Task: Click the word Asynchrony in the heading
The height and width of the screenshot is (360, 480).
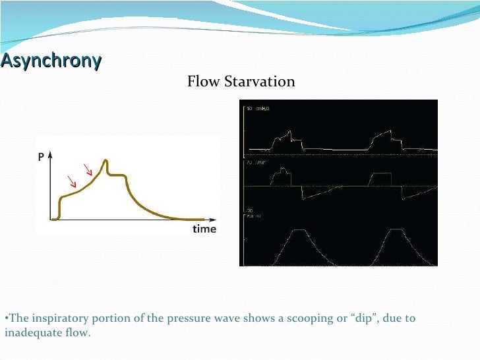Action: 51,61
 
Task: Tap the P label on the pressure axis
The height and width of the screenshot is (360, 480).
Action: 42,157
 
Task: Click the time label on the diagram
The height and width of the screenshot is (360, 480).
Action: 204,229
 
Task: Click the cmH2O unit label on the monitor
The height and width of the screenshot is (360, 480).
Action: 261,108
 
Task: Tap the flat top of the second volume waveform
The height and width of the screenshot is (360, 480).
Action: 397,230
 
